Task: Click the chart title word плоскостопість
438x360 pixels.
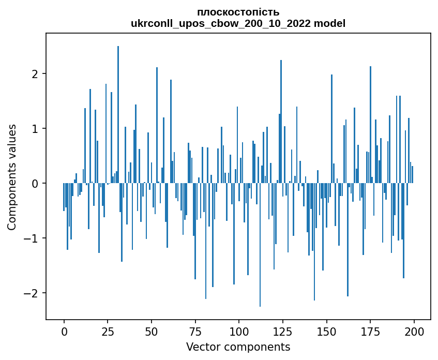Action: (238, 12)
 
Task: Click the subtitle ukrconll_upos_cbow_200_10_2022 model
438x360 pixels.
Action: (238, 23)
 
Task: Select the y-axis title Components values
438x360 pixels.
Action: (11, 177)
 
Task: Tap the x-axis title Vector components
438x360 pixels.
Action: (238, 347)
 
